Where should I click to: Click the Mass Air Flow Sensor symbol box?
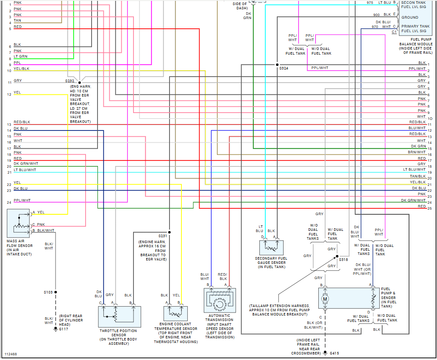(x=18, y=223)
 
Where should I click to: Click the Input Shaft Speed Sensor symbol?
(x=220, y=301)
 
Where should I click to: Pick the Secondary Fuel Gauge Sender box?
(x=271, y=247)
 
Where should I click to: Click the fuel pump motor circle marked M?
(x=325, y=299)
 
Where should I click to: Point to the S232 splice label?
(x=70, y=81)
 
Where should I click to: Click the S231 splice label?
(x=163, y=235)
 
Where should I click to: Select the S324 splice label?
(x=284, y=68)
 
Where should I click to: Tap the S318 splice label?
(x=343, y=259)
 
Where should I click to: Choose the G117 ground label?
(x=63, y=329)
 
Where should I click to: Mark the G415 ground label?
(x=334, y=353)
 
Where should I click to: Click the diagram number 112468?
(x=11, y=354)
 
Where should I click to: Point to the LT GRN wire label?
(x=20, y=56)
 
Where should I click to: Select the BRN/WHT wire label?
(x=417, y=152)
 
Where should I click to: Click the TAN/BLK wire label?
(x=418, y=176)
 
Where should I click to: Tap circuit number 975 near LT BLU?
(x=370, y=3)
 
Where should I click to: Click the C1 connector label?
(x=394, y=32)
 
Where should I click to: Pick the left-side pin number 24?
(x=8, y=202)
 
